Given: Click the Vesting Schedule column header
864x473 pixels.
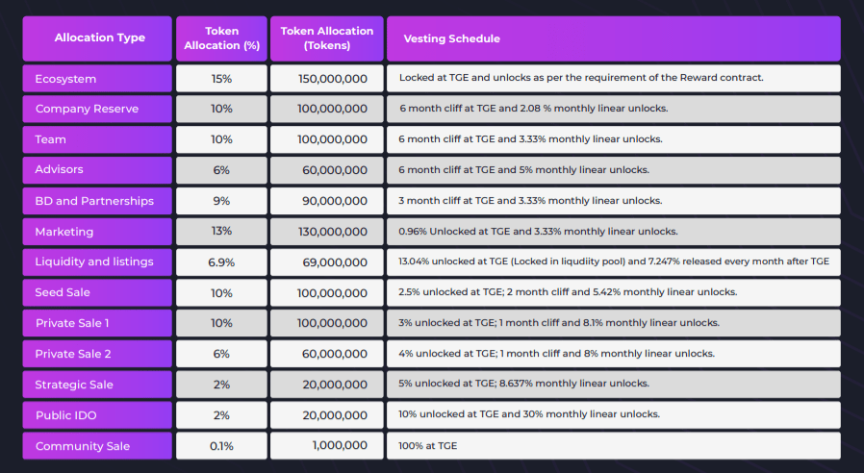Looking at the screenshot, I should coord(613,38).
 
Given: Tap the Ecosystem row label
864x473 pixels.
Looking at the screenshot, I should coord(97,78).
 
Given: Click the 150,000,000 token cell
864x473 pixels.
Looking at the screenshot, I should coord(326,78).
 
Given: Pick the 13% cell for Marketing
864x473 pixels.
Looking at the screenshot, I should coord(221,231).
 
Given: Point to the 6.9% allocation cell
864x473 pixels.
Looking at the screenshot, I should coord(221,261).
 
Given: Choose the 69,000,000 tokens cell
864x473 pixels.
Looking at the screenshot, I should coord(326,261).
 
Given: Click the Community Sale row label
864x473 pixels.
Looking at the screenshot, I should coord(97,446).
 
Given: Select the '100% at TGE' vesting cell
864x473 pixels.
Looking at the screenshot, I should coord(613,446).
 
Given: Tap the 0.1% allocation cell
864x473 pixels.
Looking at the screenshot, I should coord(221,446).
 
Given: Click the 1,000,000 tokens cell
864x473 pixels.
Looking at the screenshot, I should coord(326,446).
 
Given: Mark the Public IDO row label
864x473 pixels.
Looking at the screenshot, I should coord(97,415).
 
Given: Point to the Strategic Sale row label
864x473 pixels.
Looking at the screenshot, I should coord(97,385).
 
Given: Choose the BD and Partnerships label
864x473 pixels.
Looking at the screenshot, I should coord(97,201).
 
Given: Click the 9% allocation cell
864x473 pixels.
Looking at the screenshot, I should coord(221,201).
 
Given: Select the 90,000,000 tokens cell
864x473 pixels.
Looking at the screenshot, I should coord(326,201).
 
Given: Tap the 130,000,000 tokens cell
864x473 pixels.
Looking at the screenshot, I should coord(326,231).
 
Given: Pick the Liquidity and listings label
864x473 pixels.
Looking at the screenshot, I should coord(97,261).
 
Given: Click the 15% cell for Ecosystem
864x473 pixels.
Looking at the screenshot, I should coord(221,78).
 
